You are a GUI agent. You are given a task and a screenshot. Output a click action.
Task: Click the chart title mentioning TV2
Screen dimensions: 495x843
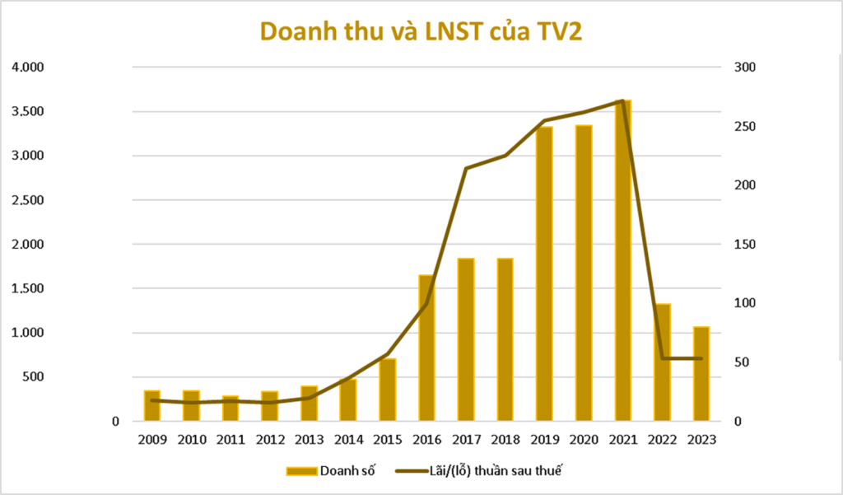[422, 30]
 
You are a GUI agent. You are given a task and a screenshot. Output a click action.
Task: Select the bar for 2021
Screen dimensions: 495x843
[622, 260]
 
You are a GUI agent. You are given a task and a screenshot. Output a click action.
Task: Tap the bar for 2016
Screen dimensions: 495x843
[426, 348]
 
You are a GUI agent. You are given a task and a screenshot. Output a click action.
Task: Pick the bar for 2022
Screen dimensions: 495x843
[663, 362]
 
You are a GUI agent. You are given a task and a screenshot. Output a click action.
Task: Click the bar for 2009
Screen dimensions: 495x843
[152, 405]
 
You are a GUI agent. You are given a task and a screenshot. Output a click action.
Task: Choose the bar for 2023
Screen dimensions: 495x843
[701, 374]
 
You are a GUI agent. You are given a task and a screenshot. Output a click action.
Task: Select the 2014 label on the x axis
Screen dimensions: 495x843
[348, 440]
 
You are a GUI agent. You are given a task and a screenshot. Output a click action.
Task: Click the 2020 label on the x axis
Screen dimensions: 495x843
[583, 440]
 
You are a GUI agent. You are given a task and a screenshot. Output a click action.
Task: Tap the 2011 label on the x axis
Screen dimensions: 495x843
[231, 440]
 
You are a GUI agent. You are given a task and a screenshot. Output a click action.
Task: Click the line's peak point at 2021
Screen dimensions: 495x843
[622, 100]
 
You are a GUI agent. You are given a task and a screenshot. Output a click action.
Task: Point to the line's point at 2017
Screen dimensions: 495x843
[466, 169]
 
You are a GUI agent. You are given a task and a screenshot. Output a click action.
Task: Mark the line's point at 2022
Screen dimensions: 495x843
[663, 358]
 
